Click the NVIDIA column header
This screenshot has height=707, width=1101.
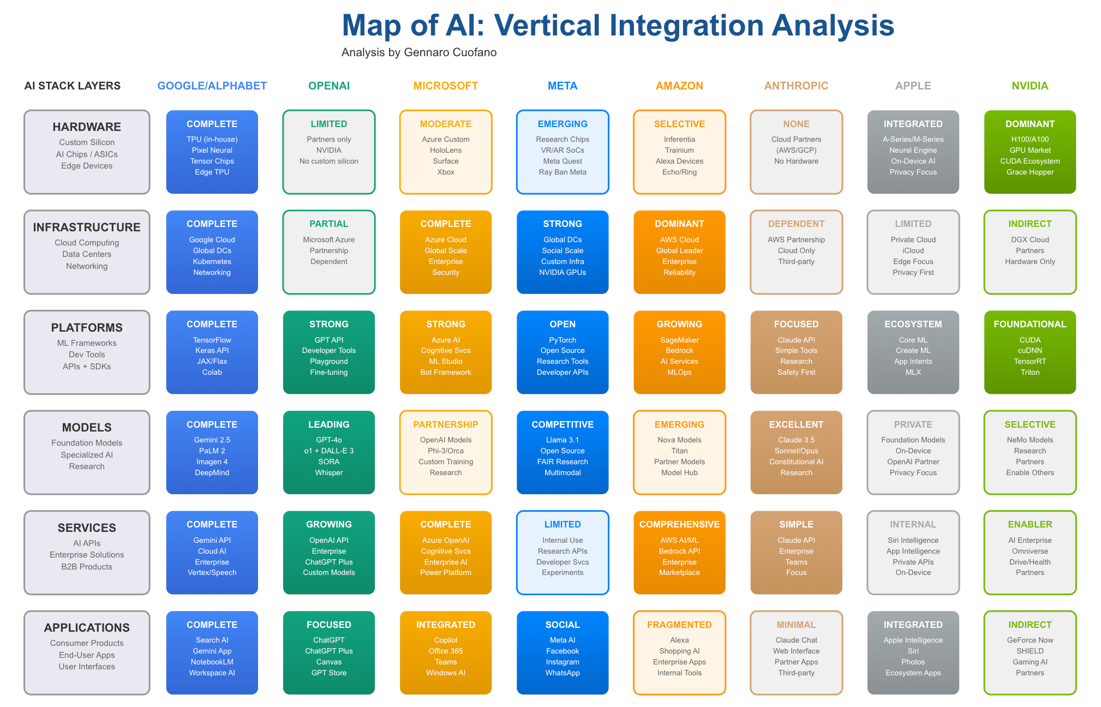coord(1030,86)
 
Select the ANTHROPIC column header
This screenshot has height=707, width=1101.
coord(796,86)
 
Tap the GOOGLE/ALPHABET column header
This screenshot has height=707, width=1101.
coord(212,86)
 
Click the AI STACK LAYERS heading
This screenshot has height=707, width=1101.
coord(73,86)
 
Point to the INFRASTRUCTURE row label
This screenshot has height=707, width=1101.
coord(87,227)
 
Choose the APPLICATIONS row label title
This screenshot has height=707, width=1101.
coord(87,627)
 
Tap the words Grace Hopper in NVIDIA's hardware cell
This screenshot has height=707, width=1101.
coord(1030,172)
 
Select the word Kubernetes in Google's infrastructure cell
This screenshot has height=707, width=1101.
coord(212,261)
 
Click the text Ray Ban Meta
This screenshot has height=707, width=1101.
coord(563,172)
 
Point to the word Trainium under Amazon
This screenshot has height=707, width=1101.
coord(679,150)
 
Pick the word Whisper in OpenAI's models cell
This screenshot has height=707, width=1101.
coord(328,472)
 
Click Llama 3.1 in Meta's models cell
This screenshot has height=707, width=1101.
coord(563,440)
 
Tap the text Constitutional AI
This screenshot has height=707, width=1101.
coord(796,462)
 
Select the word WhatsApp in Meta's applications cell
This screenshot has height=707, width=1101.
coord(563,673)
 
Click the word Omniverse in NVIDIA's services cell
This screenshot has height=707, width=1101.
coord(1030,551)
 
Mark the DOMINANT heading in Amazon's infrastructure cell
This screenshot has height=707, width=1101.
coord(679,224)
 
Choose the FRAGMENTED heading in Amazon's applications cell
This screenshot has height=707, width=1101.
coord(679,625)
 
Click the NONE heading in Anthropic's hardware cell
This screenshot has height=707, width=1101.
coord(796,124)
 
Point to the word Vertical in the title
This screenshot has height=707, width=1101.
coord(547,25)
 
